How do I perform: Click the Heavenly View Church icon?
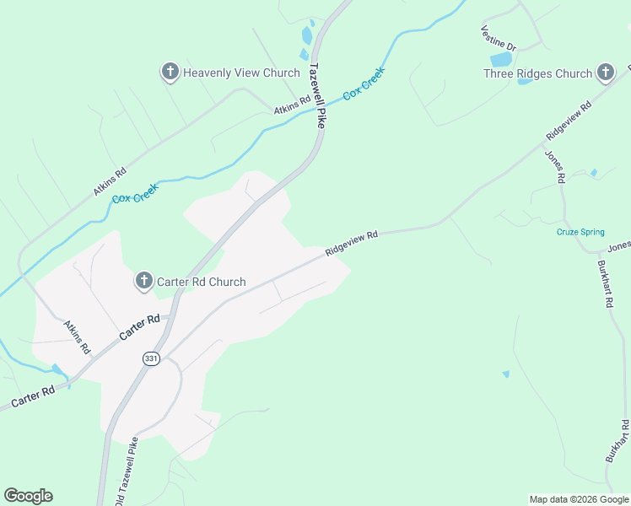(170, 73)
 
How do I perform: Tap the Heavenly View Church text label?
(241, 73)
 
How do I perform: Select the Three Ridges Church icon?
(606, 73)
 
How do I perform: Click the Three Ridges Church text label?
(537, 74)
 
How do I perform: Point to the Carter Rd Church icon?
(144, 282)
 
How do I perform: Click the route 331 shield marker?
(150, 358)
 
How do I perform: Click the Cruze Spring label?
(580, 233)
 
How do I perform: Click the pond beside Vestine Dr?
(500, 60)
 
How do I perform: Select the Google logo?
(28, 496)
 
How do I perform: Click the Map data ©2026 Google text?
(580, 499)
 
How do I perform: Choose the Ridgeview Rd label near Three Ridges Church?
(569, 117)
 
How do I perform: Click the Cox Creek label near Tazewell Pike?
(363, 86)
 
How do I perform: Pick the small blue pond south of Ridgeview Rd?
(506, 374)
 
